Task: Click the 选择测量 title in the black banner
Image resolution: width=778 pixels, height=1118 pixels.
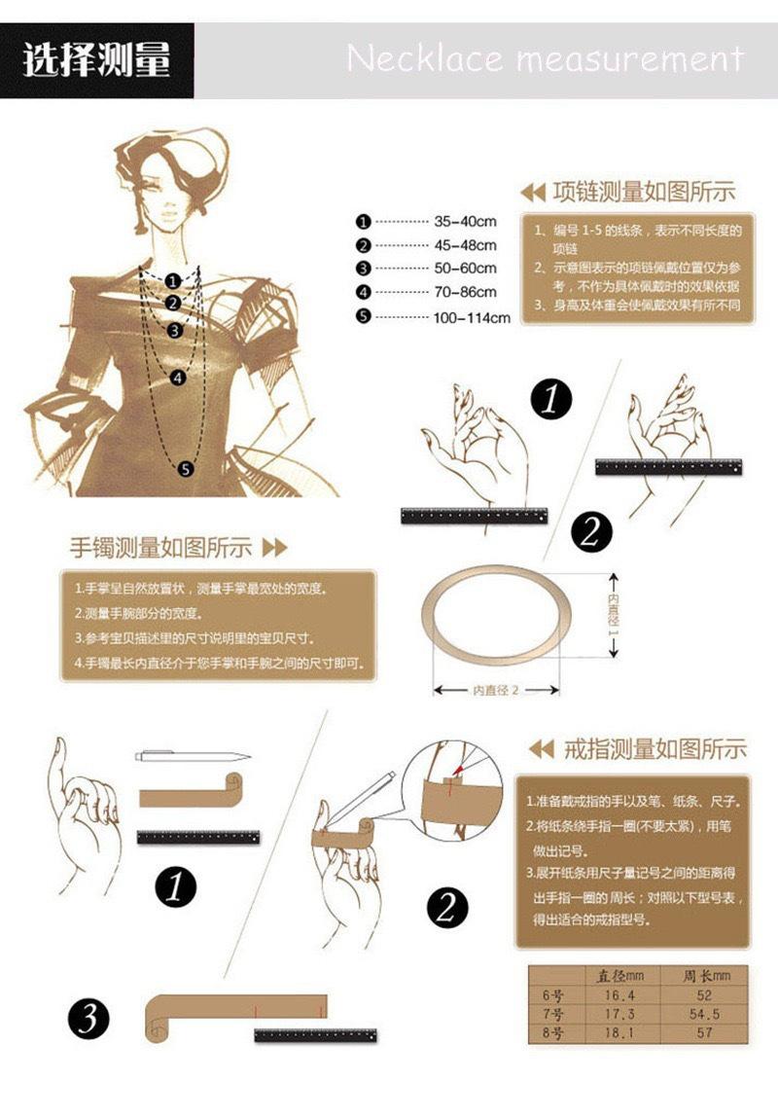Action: (96, 60)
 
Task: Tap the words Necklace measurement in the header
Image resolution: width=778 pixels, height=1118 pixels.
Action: (545, 59)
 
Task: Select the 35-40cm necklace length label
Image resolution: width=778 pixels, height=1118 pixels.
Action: (465, 222)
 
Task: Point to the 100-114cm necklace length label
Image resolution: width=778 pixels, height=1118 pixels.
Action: (472, 317)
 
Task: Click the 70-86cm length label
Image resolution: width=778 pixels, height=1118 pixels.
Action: (465, 292)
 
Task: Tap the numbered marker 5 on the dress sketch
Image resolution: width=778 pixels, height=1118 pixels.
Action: (186, 469)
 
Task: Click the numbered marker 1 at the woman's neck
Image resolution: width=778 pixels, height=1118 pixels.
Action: (173, 281)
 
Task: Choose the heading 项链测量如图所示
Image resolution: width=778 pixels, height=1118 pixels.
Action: (643, 192)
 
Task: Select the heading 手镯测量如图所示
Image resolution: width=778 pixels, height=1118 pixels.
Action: (161, 547)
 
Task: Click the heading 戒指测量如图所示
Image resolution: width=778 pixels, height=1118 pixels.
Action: (654, 749)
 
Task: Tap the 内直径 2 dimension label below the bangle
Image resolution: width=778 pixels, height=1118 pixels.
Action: (496, 690)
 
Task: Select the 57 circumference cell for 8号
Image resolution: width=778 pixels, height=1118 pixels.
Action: (704, 1033)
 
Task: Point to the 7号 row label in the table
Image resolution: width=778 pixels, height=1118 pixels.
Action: (552, 1014)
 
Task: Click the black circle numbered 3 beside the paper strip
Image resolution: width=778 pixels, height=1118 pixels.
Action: (88, 1019)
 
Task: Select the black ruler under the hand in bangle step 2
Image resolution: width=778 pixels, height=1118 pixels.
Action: (668, 466)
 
